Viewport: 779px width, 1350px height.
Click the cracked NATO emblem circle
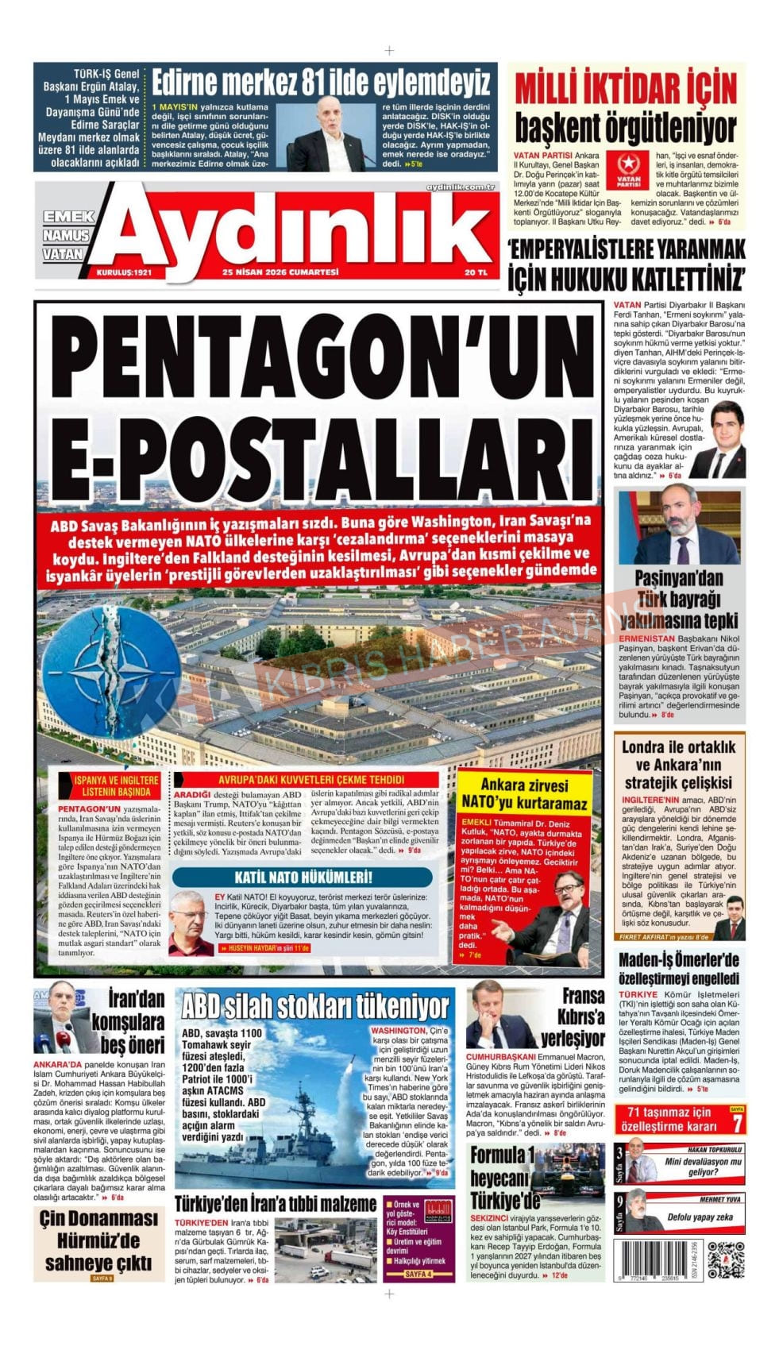(x=99, y=661)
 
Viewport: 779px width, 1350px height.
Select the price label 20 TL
(x=477, y=272)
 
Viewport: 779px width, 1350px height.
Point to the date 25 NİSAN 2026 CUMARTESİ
(x=280, y=272)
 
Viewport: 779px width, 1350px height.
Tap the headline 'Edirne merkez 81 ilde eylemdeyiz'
(x=321, y=83)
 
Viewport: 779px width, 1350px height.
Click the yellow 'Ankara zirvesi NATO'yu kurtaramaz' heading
(x=523, y=793)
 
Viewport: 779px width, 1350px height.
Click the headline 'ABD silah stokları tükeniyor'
(x=315, y=1006)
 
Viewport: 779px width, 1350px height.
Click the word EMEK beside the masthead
(x=68, y=216)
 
